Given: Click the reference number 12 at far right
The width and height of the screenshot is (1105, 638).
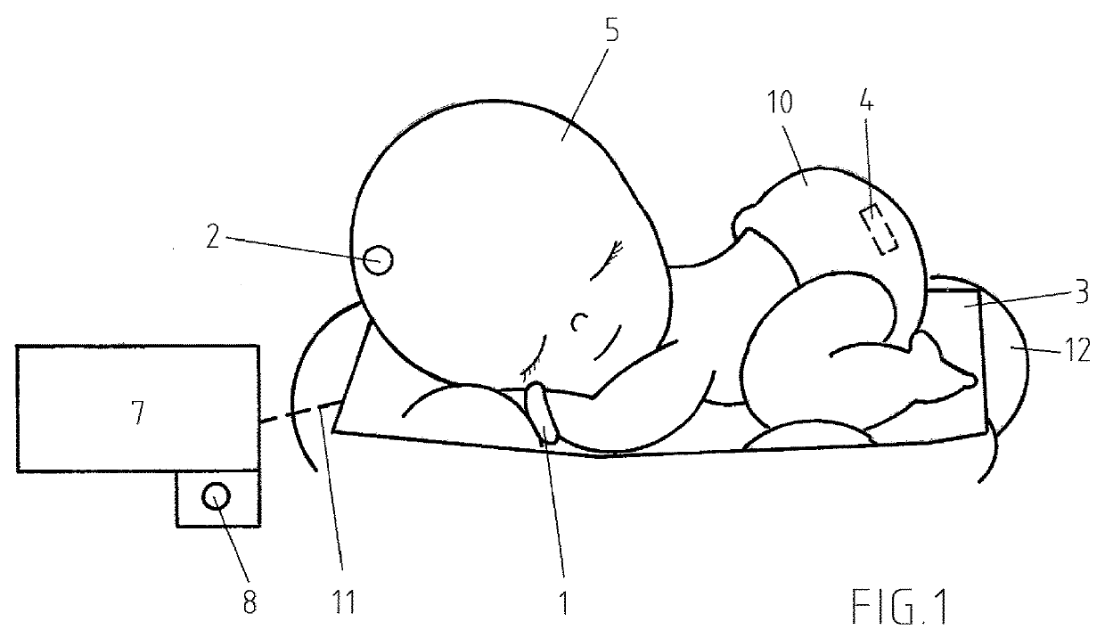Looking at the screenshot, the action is click(1076, 352).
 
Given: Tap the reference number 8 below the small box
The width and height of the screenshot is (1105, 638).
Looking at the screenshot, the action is click(249, 601).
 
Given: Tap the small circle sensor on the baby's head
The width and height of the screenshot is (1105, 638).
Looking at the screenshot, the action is click(379, 260).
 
